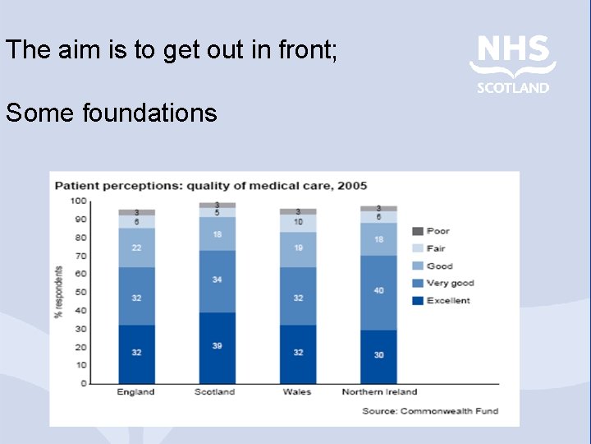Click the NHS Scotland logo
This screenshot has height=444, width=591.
513,62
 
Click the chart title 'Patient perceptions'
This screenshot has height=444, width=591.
210,186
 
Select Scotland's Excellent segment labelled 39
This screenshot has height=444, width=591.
217,347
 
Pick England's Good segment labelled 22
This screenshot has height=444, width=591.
136,247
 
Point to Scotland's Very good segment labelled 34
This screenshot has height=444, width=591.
217,281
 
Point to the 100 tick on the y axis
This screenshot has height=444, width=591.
78,201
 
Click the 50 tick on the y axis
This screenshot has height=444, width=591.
80,292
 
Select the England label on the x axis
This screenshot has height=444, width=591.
135,392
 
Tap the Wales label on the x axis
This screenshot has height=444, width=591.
297,392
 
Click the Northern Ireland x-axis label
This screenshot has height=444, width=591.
379,392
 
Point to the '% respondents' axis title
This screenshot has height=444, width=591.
59,292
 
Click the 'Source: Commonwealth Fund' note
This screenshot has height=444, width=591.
430,410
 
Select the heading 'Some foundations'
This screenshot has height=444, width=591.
112,112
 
